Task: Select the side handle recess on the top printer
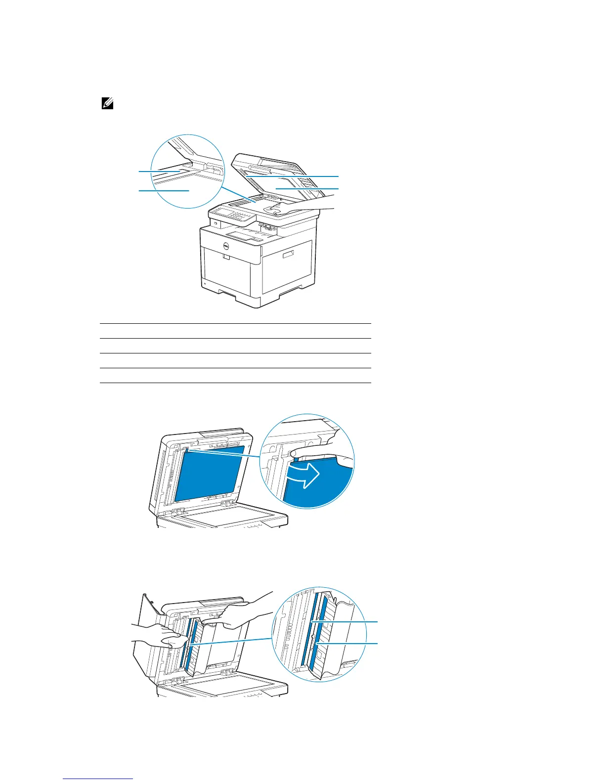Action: pos(288,254)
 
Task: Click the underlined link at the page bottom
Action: pos(98,779)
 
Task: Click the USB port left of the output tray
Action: pos(216,223)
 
